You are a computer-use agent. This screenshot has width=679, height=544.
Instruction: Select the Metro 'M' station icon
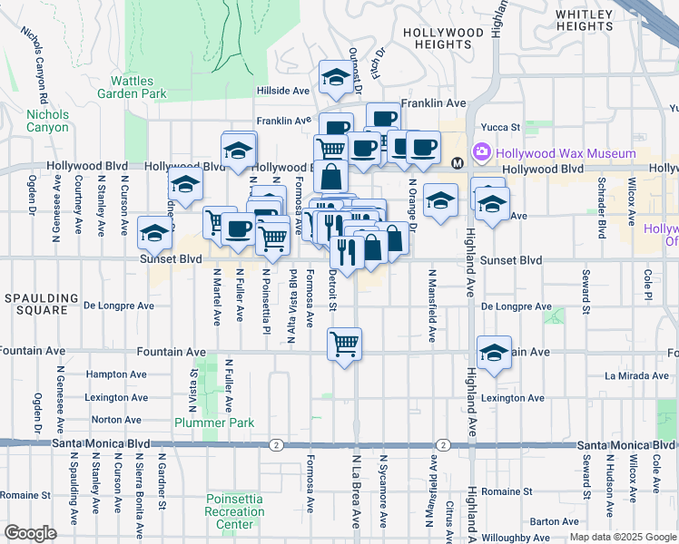pos(458,162)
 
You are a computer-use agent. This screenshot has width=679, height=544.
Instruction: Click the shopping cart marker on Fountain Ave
pos(344,345)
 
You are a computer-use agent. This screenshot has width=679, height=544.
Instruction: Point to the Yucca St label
pos(500,128)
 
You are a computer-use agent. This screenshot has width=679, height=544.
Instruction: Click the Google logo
pos(30,533)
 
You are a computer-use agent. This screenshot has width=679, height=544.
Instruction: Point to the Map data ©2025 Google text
pos(622,537)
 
